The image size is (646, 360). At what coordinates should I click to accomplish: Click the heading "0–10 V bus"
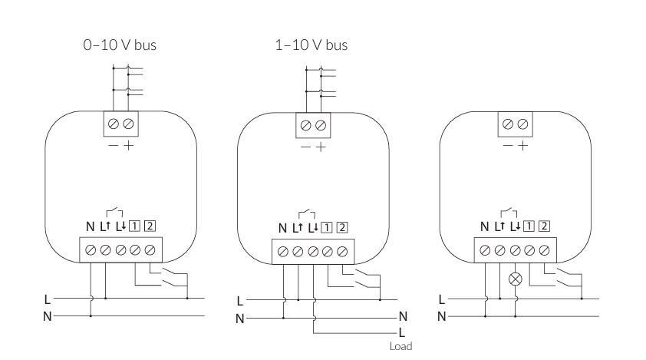tap(120, 45)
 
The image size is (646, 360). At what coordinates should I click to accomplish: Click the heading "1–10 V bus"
tap(311, 45)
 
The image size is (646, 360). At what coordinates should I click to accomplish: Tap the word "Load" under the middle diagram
tap(400, 346)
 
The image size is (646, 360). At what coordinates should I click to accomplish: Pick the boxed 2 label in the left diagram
tap(150, 226)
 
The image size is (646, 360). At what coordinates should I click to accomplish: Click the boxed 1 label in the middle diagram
tap(327, 227)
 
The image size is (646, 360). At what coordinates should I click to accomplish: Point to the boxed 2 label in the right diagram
tap(544, 226)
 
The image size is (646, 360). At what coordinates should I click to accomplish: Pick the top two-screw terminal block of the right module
tap(516, 124)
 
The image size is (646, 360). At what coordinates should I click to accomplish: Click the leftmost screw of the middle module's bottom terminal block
tap(283, 252)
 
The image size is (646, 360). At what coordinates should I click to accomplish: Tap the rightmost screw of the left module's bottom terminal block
tap(150, 249)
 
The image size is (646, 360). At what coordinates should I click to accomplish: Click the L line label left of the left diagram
tap(48, 298)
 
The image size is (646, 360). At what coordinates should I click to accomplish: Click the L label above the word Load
tap(401, 333)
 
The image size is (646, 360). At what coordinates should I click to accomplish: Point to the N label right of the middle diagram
tap(403, 316)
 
